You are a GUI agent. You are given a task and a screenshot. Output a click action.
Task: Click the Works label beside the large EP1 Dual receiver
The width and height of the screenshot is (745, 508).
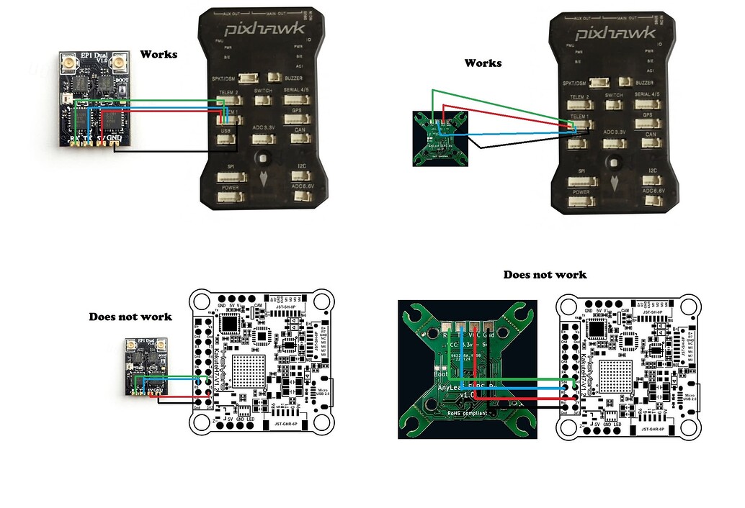(x=159, y=54)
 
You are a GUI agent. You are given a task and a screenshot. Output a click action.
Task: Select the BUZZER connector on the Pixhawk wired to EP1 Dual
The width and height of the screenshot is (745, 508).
(x=273, y=77)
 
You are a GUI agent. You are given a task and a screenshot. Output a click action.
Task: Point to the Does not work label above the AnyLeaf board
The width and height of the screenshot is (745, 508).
(x=545, y=274)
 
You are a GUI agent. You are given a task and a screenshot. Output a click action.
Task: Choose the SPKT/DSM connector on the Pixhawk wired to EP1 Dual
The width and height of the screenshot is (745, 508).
(x=248, y=81)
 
